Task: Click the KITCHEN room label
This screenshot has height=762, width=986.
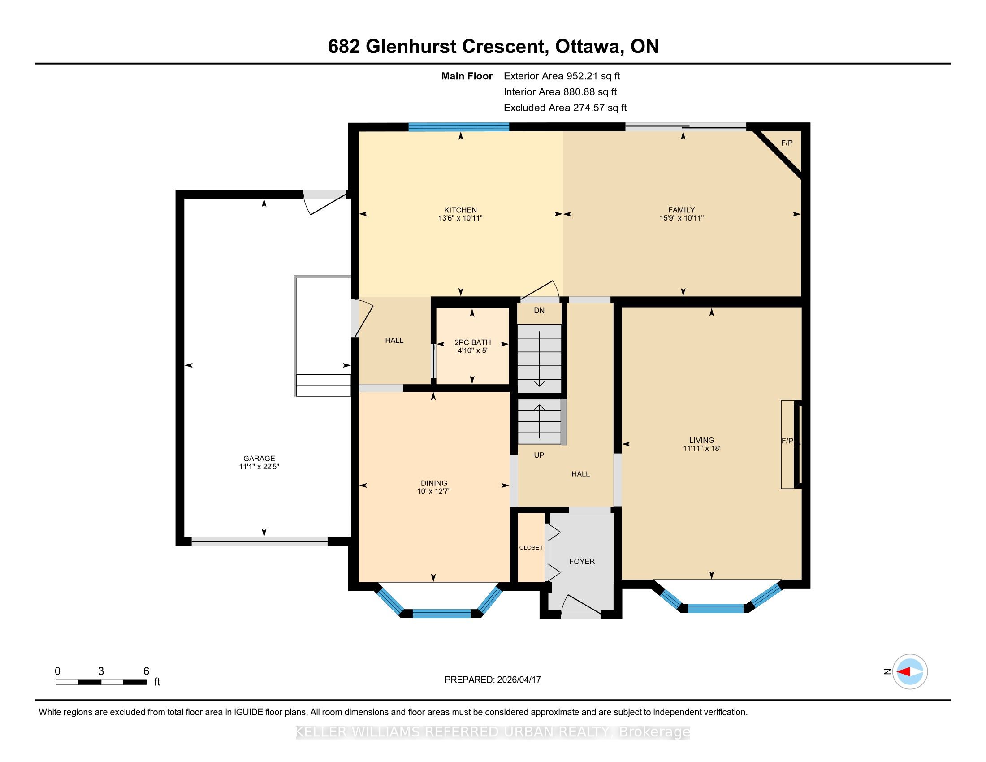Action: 460,210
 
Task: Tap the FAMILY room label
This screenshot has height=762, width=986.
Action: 681,210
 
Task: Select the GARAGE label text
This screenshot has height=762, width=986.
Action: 259,458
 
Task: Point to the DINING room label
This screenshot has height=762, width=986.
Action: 434,483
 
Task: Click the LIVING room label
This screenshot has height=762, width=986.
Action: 701,440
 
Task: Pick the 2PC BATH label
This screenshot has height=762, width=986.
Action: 473,342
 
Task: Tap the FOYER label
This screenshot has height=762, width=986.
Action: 582,561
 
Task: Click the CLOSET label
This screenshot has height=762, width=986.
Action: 531,548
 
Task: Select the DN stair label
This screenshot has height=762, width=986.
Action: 539,311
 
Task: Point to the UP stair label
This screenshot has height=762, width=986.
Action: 539,455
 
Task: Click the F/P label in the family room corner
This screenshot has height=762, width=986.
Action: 787,143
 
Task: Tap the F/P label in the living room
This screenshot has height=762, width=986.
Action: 787,441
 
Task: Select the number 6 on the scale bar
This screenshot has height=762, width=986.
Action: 146,671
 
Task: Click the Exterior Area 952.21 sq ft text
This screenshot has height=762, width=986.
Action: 562,76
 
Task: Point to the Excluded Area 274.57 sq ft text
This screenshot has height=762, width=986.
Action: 565,108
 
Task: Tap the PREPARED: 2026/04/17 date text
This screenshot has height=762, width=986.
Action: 493,680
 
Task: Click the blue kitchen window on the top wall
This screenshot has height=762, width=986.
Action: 458,127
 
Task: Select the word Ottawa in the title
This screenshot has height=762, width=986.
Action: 588,47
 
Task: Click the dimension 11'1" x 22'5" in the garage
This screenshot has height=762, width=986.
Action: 259,467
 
